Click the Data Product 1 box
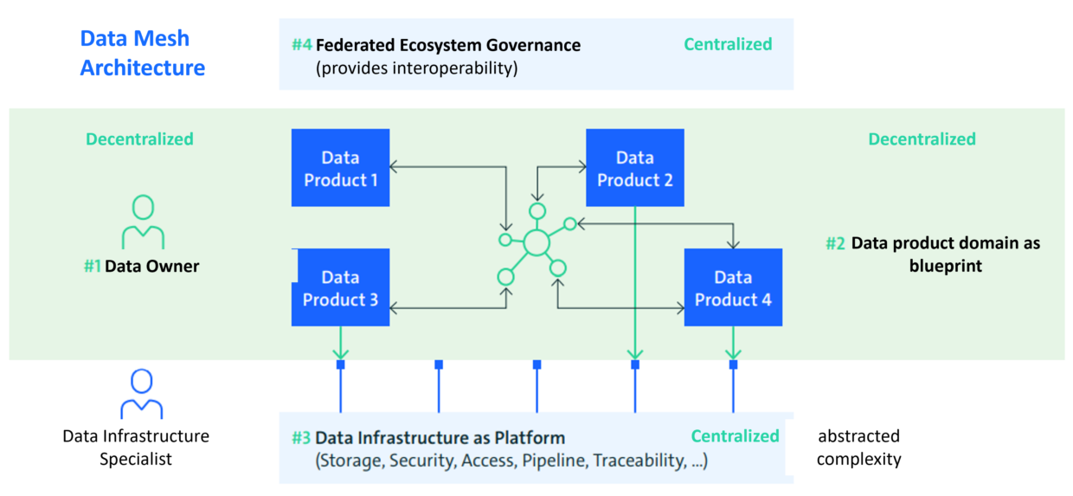[340, 168]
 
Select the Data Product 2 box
[634, 168]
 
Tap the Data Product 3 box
[340, 287]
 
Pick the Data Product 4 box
[733, 287]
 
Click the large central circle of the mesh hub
[536, 242]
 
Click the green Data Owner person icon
[143, 222]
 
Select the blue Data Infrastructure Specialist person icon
[141, 395]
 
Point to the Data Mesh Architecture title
[142, 53]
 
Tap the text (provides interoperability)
[416, 68]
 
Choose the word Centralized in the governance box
[728, 44]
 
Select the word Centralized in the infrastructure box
[735, 436]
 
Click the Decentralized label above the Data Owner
[139, 139]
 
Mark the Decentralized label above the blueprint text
[922, 139]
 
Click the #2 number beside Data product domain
[835, 244]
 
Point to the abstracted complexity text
[858, 448]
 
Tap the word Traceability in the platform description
[639, 461]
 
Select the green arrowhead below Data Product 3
[340, 352]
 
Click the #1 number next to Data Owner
[92, 267]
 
